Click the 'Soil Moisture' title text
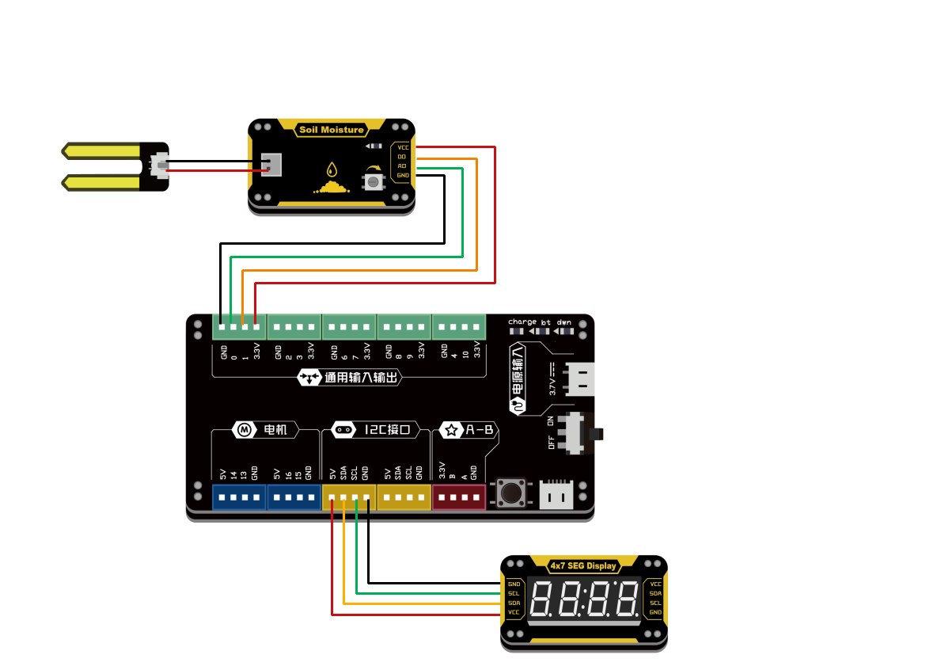click(332, 130)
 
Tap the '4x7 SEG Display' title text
click(583, 565)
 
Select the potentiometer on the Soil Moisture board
click(372, 181)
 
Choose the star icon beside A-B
click(452, 430)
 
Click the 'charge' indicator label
click(522, 322)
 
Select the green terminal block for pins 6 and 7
click(349, 326)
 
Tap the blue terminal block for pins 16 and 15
click(294, 498)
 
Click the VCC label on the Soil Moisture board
click(403, 147)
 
